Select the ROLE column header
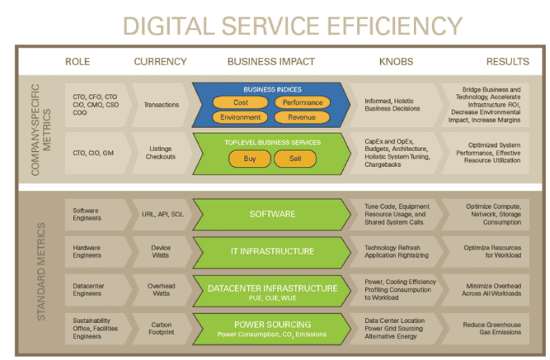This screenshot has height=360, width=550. click(x=78, y=62)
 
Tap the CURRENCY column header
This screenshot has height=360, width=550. click(x=160, y=62)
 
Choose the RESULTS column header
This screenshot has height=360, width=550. click(x=507, y=62)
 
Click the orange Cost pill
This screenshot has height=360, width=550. click(x=240, y=102)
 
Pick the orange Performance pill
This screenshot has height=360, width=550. click(x=302, y=102)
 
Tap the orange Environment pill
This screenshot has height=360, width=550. click(x=240, y=117)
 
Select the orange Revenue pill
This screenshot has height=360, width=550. click(x=302, y=117)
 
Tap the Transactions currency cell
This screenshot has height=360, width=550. click(x=161, y=105)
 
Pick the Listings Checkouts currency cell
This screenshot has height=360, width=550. click(x=161, y=153)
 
